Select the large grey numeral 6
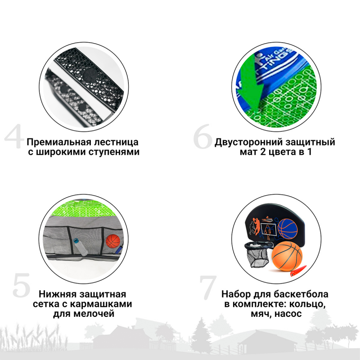click(x=203, y=136)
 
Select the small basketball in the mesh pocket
click(x=114, y=241)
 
